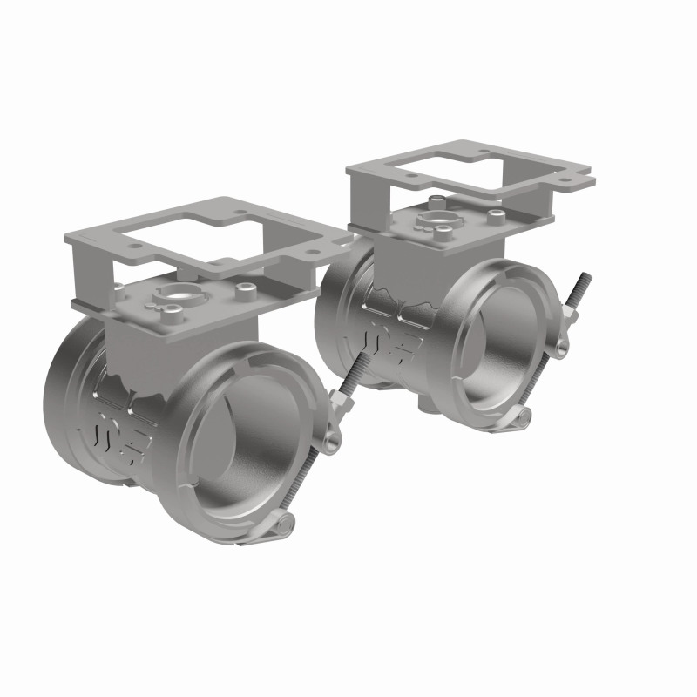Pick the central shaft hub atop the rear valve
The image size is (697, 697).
click(433, 218)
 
